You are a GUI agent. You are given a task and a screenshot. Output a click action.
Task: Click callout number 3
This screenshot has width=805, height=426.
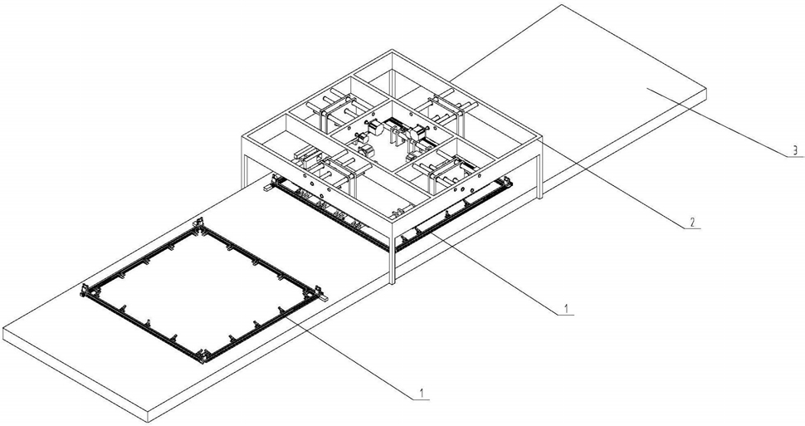(x=795, y=150)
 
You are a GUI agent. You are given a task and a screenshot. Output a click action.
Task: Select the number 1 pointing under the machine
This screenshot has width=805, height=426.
(x=565, y=309)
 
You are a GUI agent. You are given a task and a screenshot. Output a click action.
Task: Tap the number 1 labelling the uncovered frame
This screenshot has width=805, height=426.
(x=422, y=394)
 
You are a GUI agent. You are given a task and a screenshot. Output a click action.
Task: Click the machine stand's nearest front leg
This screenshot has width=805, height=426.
(x=392, y=252)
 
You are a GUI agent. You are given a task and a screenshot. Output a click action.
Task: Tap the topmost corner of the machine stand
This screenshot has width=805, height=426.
(x=393, y=50)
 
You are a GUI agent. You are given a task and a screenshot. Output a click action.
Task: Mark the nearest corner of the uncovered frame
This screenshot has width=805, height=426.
(x=205, y=355)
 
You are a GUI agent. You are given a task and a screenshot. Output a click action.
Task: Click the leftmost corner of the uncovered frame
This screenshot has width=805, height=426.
(x=86, y=291)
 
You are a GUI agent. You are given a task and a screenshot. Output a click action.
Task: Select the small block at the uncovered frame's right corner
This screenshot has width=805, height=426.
(x=324, y=297)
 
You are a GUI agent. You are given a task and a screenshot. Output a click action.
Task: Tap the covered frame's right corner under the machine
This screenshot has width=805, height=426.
(x=507, y=181)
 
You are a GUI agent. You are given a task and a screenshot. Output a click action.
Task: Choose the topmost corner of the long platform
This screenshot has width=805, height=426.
(x=563, y=5)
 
